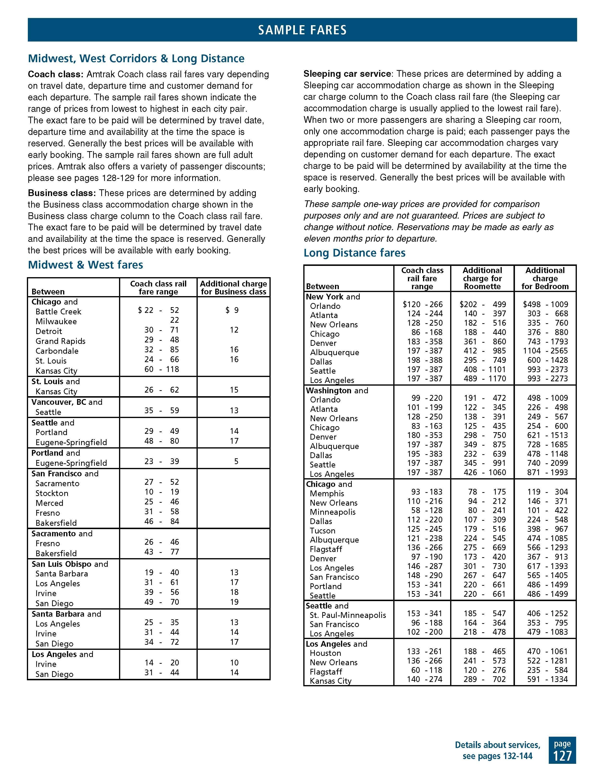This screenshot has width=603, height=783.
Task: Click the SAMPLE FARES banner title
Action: [302, 30]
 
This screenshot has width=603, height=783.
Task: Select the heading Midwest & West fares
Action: [85, 265]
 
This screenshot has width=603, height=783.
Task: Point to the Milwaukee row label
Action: [56, 322]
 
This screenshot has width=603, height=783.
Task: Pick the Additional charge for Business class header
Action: [233, 287]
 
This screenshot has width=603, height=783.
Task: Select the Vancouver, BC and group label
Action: [67, 402]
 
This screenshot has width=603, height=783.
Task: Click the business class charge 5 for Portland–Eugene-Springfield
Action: [236, 461]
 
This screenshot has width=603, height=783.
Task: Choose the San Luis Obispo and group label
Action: [70, 564]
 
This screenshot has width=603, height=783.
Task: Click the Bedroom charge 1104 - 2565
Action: [545, 351]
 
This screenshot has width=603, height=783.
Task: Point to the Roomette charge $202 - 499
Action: [483, 304]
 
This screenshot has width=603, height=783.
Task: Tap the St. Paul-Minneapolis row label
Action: [348, 615]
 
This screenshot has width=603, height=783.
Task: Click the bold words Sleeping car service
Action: [347, 74]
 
